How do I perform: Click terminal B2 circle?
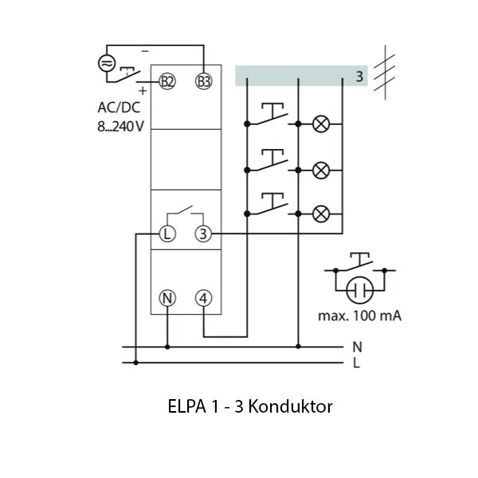[x=167, y=80]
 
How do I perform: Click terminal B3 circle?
[x=204, y=80]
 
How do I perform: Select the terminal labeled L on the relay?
[x=167, y=234]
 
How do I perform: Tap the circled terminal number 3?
[x=204, y=234]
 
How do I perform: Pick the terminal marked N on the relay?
[x=167, y=298]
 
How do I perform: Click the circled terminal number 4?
[x=204, y=298]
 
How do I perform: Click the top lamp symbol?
[x=321, y=124]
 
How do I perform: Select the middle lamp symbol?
[x=321, y=169]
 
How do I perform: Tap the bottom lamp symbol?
[x=321, y=213]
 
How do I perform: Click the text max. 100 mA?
[x=359, y=316]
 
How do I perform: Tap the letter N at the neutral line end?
[x=355, y=347]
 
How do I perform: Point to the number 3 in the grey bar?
[x=359, y=76]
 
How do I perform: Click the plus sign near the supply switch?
[x=143, y=91]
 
